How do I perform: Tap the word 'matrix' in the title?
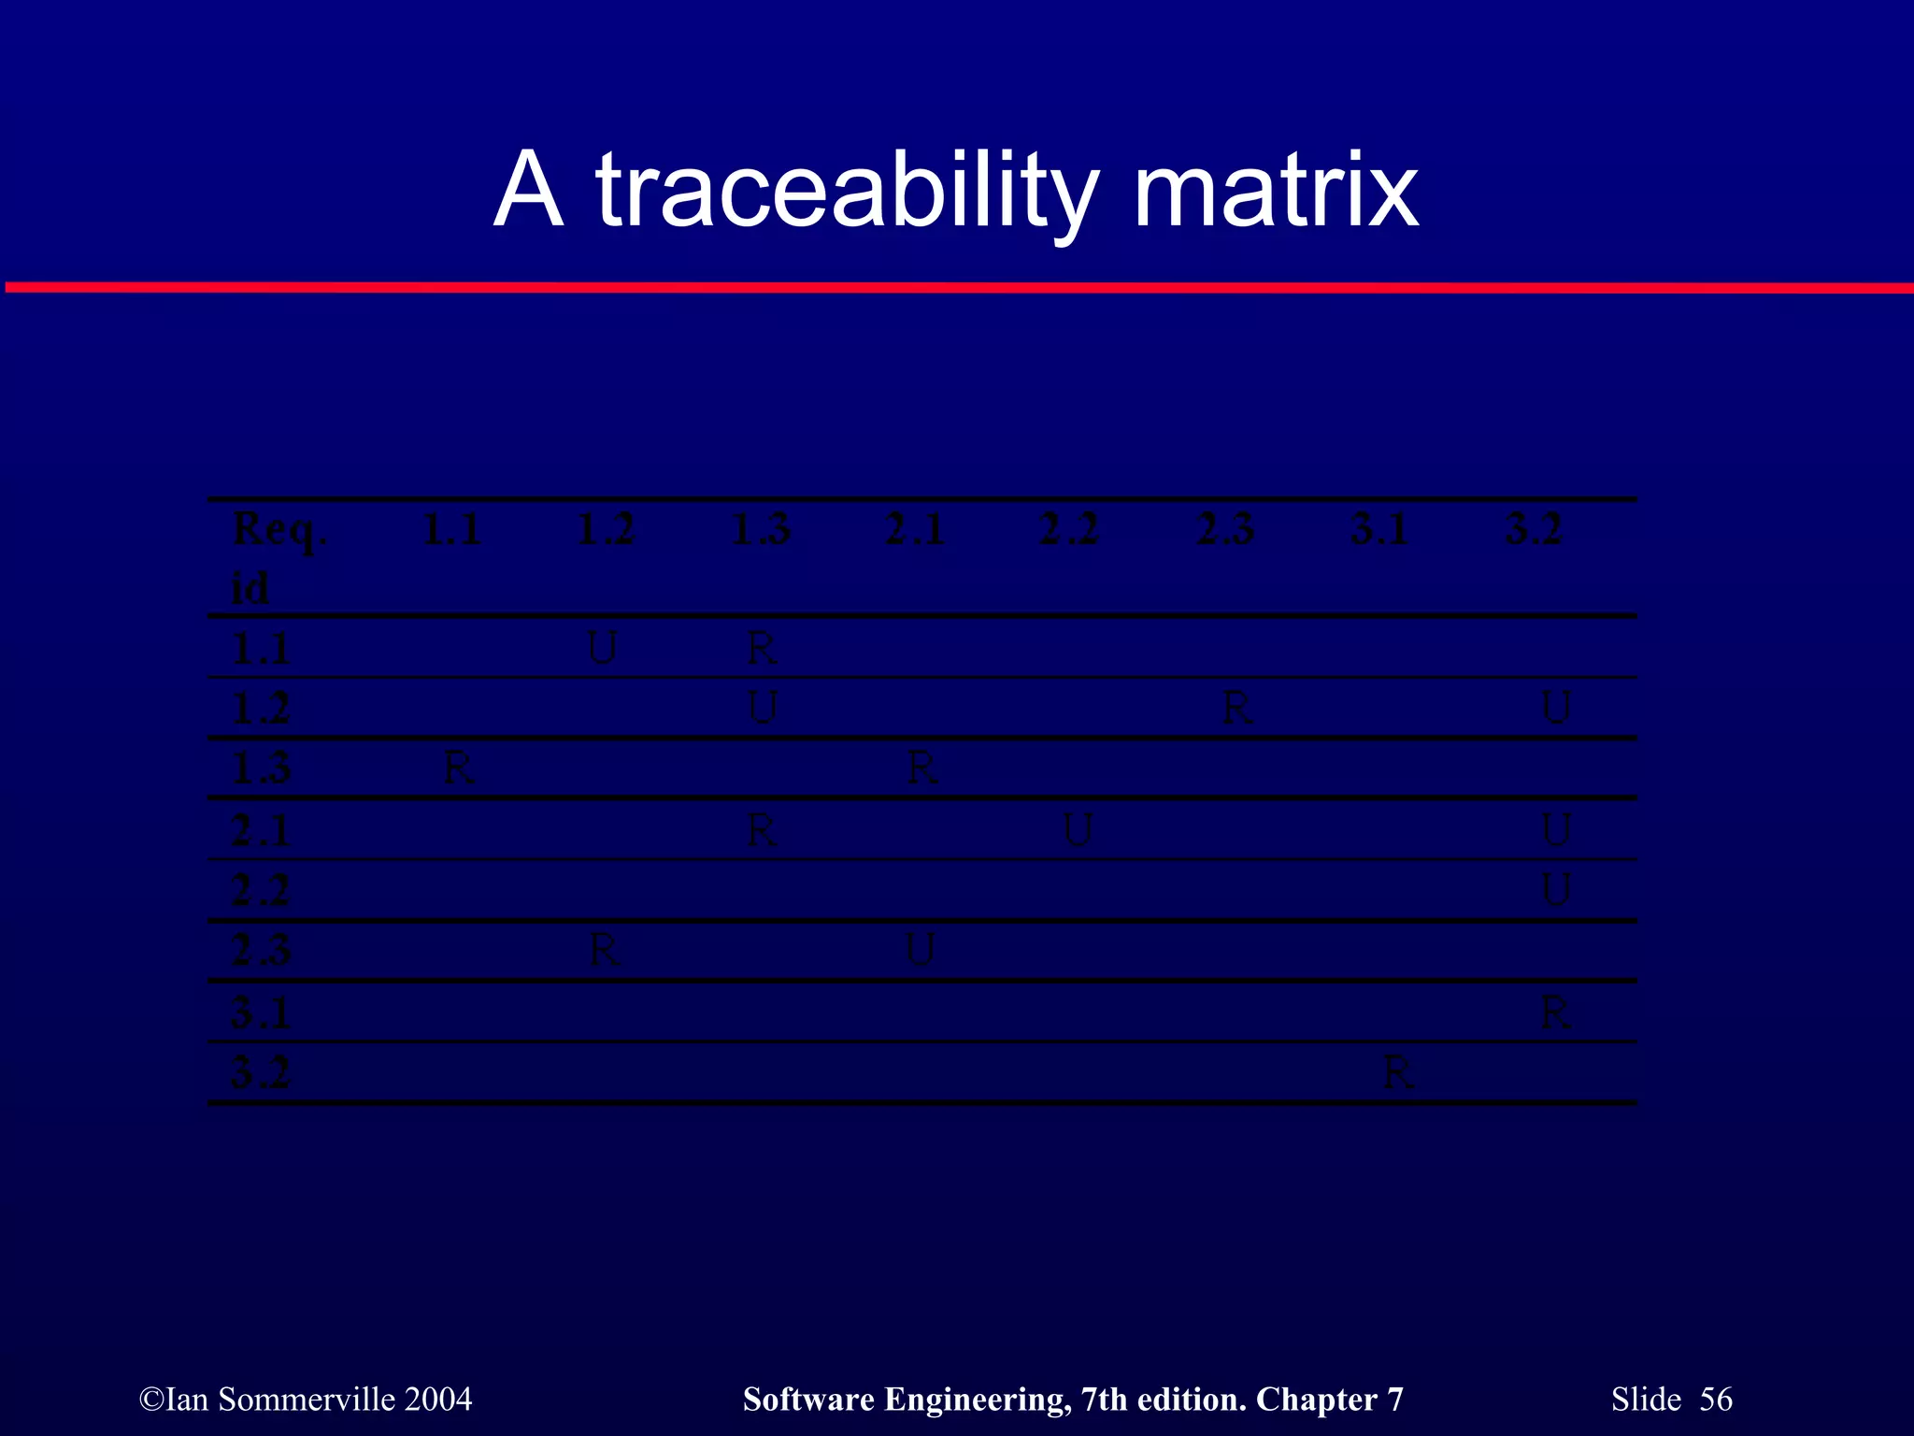(x=1276, y=192)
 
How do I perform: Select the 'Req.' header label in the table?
(x=279, y=531)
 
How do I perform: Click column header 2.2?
(x=1069, y=530)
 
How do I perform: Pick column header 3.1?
(x=1379, y=530)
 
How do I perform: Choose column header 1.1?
(x=451, y=530)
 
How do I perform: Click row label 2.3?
(x=261, y=951)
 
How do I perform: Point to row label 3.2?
(x=261, y=1072)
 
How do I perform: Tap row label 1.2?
(x=261, y=708)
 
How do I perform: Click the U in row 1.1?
(x=603, y=648)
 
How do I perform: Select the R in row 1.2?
(x=1237, y=709)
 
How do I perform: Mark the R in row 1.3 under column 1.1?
(x=458, y=769)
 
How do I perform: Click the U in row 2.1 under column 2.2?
(x=1078, y=830)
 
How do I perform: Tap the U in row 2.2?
(x=1556, y=890)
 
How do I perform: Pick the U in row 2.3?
(x=921, y=951)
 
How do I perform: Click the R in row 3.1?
(x=1555, y=1012)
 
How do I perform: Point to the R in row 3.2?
(x=1398, y=1073)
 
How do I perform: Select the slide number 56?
(x=1716, y=1399)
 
